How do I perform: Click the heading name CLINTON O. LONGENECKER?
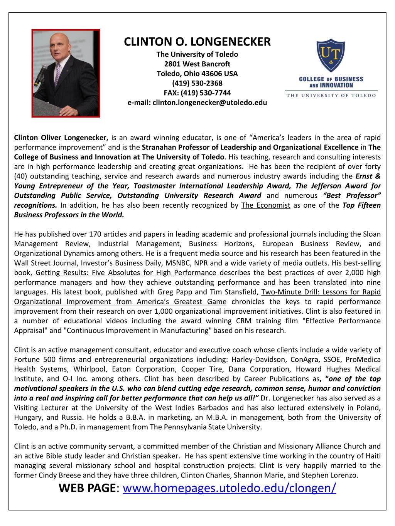197,41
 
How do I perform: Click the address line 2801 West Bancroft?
197,64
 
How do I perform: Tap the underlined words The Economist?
265,205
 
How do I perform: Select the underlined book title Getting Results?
125,272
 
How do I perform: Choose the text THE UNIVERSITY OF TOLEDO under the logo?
331,95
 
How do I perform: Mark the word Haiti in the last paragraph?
371,456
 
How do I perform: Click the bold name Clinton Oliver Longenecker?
61,138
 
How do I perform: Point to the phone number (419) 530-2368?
197,83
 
